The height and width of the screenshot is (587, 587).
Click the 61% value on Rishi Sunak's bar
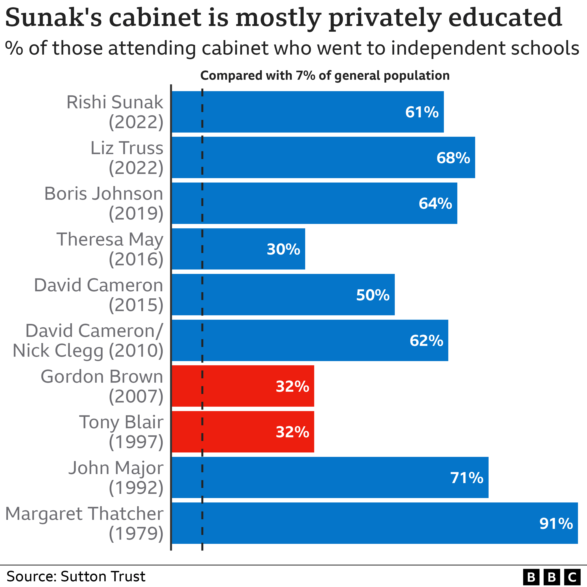[422, 112]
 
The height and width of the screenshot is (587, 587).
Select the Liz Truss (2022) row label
[127, 158]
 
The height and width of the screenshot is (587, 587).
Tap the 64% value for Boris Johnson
[435, 204]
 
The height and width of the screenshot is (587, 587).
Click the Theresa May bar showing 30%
[238, 249]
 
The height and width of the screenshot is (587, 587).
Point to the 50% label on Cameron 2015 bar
[373, 295]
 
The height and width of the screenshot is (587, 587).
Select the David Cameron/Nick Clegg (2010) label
[88, 341]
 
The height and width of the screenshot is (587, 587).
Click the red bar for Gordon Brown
[243, 386]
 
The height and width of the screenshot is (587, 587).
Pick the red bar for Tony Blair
[243, 432]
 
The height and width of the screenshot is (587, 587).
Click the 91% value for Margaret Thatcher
[556, 524]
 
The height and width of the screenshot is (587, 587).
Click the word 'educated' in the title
[505, 18]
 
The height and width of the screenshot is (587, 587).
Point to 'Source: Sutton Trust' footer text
[76, 576]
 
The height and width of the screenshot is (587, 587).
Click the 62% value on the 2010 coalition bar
[426, 341]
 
